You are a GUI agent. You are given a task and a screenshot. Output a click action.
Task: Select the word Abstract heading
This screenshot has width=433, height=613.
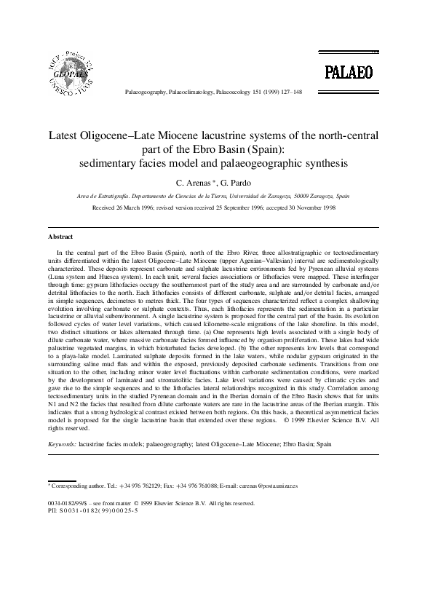[x=60, y=237]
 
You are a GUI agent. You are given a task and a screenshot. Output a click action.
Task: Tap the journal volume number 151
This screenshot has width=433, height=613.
[x=256, y=93]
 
